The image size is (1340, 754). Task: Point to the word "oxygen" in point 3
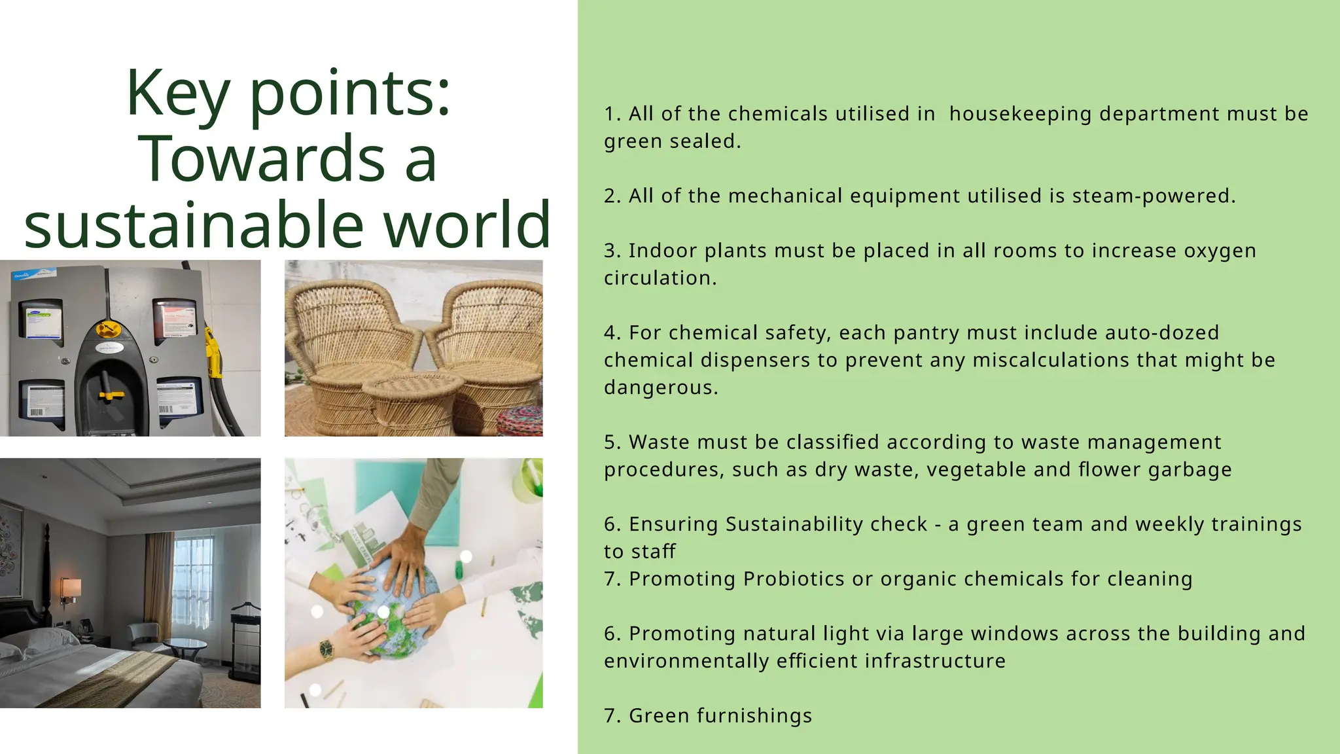click(x=1220, y=251)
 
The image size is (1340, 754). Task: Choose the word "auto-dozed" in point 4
click(x=1161, y=332)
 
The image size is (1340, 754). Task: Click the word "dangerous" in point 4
click(x=660, y=387)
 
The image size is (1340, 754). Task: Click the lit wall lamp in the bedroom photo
click(x=71, y=586)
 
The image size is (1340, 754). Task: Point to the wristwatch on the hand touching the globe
click(x=326, y=649)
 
